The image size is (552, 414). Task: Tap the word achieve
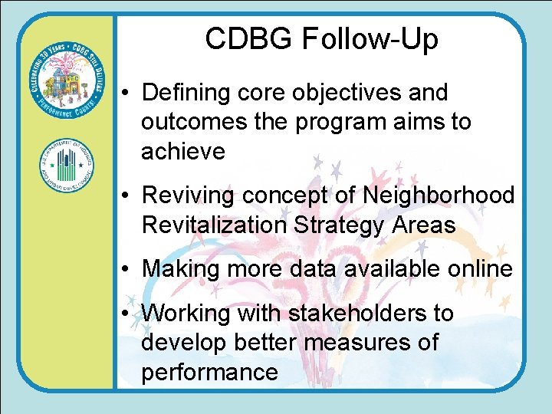183,151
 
